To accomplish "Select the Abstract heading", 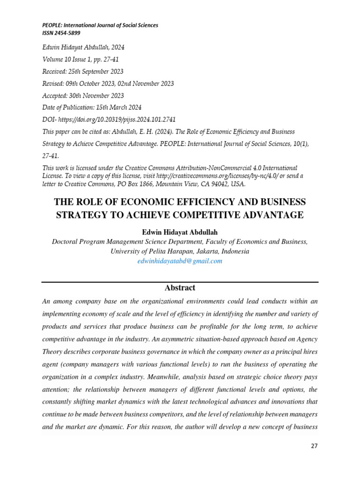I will click(x=180, y=288).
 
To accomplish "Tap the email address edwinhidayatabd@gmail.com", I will click(x=180, y=261).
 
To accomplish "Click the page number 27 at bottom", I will click(x=314, y=446).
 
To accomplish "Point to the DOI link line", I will click(x=109, y=120).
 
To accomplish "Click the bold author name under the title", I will click(x=180, y=232).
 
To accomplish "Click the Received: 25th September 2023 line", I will click(x=83, y=71).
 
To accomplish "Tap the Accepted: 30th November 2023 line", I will click(x=83, y=95).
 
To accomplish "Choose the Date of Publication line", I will click(x=92, y=107).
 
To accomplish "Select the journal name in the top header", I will click(x=100, y=25).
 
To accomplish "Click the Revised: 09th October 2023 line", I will click(x=108, y=83).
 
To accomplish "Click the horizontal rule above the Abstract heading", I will click(x=180, y=282).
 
